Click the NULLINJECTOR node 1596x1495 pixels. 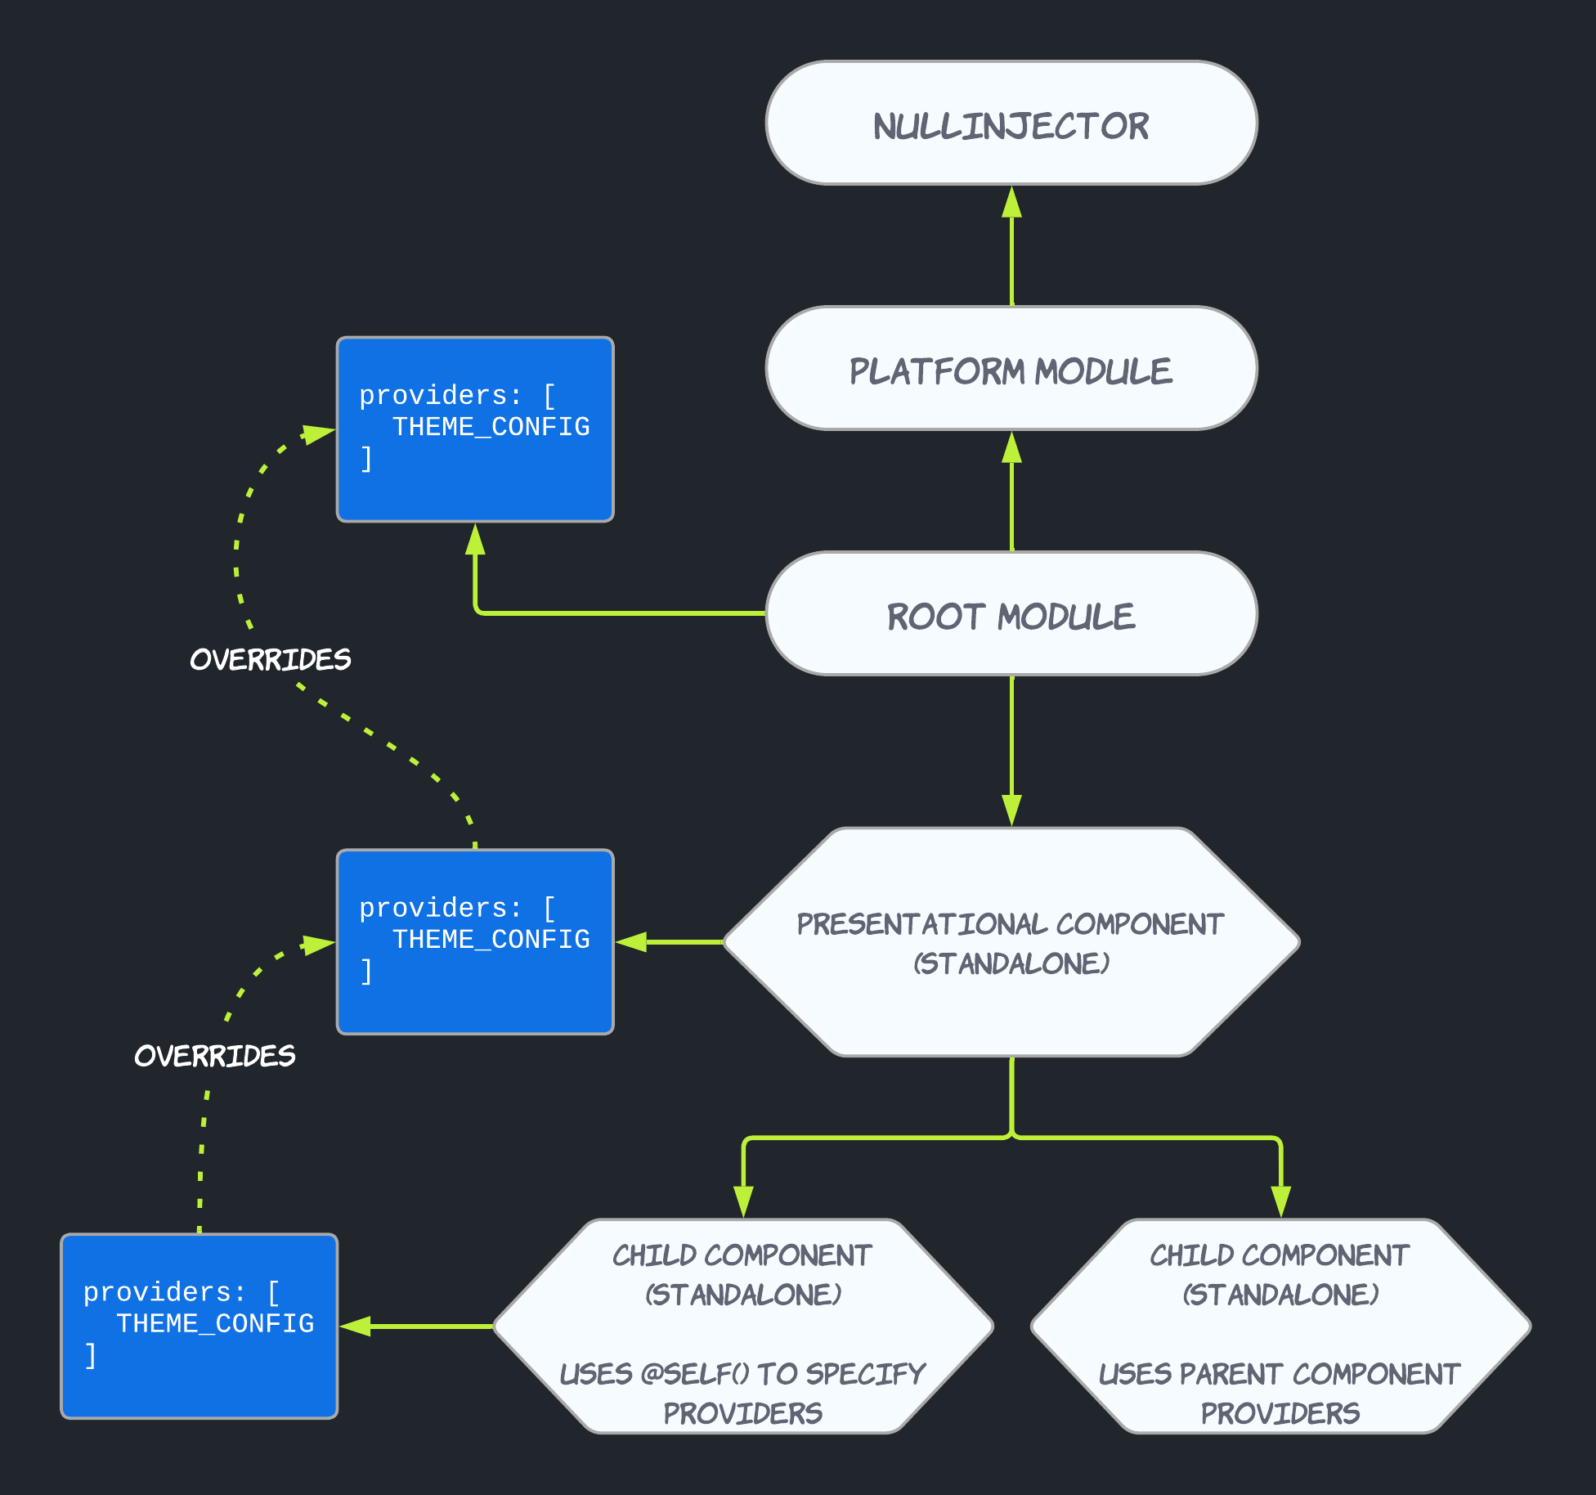pos(1011,123)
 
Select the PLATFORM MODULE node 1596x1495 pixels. pos(1011,369)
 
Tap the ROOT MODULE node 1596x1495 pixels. pos(1011,614)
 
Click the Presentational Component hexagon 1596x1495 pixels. pos(1011,942)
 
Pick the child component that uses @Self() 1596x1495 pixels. pos(742,1326)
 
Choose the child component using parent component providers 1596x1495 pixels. pos(1280,1326)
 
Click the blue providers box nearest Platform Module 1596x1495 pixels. pos(475,429)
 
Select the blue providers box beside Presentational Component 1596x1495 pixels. pos(475,942)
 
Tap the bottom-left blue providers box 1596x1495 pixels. pos(199,1326)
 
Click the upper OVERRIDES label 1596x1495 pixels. pos(271,659)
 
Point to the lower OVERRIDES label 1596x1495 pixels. pos(215,1056)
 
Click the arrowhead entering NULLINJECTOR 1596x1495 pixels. pos(1012,201)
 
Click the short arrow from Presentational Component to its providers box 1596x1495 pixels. pos(670,942)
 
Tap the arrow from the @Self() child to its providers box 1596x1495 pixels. pos(417,1326)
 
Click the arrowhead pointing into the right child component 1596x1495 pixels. pos(1280,1202)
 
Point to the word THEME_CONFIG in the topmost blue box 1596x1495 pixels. pos(491,427)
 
